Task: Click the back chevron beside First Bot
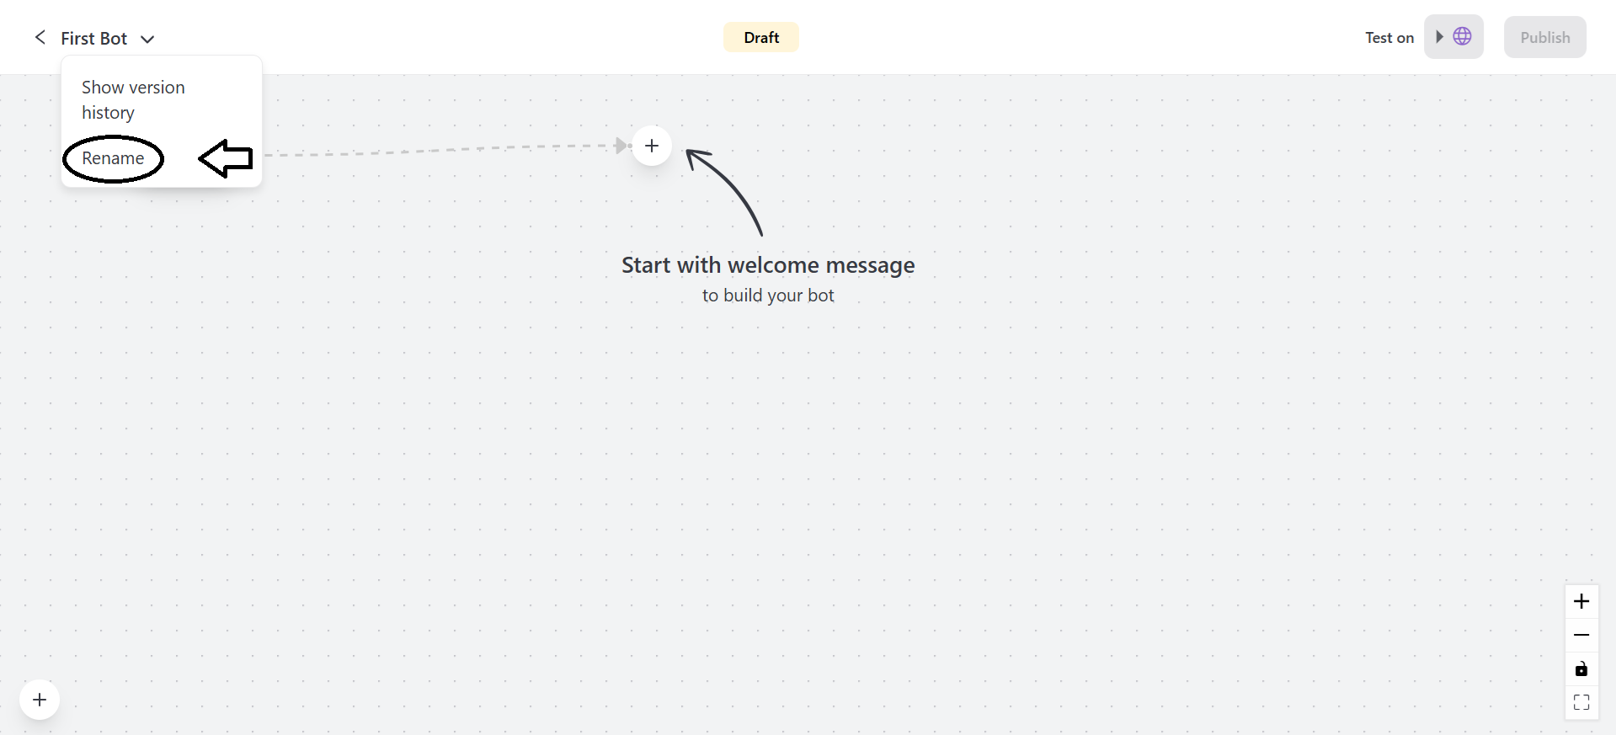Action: click(40, 37)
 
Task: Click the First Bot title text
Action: click(93, 39)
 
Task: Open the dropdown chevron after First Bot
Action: click(147, 40)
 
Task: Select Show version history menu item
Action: click(133, 99)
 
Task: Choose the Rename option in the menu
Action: click(113, 158)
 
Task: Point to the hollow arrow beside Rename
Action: click(226, 158)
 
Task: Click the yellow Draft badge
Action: click(761, 37)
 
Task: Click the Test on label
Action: click(1389, 38)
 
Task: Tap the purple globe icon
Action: click(1463, 36)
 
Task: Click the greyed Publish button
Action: click(1544, 37)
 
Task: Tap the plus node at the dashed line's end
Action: click(652, 146)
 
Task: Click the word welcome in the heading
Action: click(773, 265)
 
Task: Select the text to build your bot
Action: click(768, 296)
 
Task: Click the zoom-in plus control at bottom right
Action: click(1581, 601)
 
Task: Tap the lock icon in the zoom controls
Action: click(1581, 669)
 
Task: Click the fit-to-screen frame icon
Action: click(1581, 702)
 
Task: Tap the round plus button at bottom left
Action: click(40, 700)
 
